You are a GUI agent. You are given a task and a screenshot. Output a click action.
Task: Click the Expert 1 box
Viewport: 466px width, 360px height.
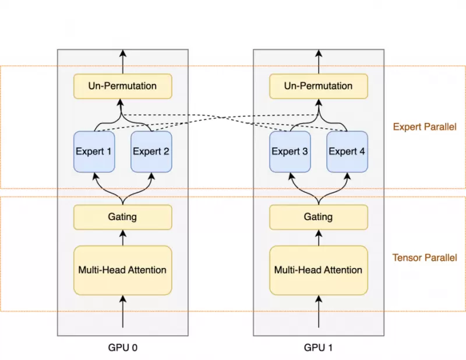click(94, 151)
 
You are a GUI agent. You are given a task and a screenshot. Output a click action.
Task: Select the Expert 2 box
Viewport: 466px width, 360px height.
click(151, 151)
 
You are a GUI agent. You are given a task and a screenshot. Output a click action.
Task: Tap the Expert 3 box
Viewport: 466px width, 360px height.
click(290, 151)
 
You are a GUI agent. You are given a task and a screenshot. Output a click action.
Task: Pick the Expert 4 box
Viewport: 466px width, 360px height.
click(347, 151)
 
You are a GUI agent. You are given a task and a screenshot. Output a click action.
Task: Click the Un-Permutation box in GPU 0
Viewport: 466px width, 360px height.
click(122, 86)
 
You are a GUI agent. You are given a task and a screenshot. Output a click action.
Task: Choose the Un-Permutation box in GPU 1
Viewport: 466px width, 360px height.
click(319, 86)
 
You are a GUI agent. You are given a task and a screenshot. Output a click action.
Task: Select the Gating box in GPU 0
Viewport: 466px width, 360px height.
click(122, 217)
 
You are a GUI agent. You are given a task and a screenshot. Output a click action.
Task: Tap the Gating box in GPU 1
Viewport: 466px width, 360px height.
click(319, 217)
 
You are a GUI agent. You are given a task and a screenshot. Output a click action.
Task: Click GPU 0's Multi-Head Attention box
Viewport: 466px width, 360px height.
click(122, 270)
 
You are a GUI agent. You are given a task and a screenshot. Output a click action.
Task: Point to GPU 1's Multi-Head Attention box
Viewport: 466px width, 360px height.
click(319, 270)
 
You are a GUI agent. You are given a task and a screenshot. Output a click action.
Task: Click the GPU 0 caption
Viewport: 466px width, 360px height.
click(122, 348)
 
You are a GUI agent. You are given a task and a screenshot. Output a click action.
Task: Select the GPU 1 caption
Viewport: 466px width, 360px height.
click(319, 348)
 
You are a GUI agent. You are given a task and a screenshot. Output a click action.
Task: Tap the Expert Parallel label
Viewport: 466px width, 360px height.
click(425, 126)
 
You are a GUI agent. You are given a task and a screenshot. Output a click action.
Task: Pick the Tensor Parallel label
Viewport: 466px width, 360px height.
click(425, 257)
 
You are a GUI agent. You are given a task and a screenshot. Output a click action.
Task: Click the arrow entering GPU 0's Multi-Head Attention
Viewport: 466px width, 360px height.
click(122, 312)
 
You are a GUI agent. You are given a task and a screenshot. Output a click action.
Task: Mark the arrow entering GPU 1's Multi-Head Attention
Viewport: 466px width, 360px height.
click(319, 312)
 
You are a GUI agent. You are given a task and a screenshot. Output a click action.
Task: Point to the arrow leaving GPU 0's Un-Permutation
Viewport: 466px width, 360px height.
click(122, 62)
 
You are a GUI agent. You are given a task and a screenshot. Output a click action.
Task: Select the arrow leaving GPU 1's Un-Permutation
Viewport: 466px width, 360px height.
click(319, 62)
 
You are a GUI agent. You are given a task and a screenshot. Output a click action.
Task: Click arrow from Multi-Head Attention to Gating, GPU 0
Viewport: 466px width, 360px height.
click(122, 238)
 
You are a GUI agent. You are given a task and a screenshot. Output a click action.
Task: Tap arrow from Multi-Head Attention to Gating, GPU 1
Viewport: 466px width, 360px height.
click(319, 238)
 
